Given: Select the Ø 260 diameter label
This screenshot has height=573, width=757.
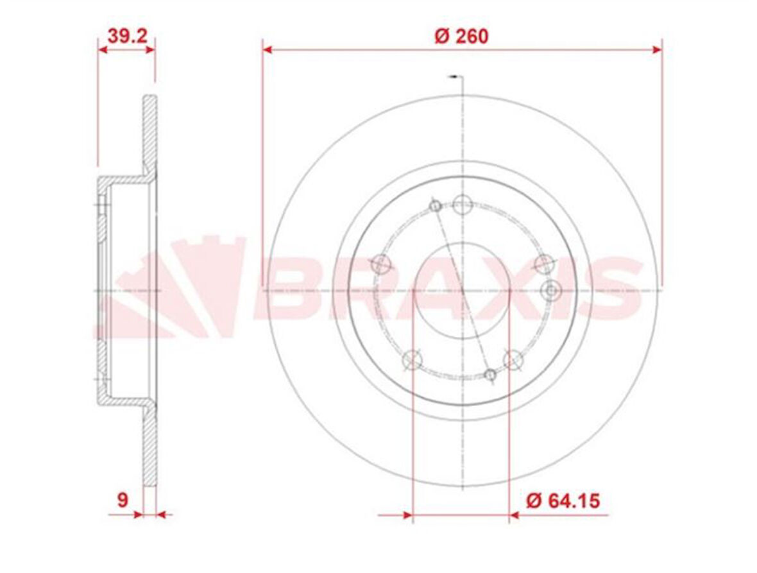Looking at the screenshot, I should [461, 36].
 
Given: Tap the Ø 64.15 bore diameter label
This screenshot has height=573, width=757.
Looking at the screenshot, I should [563, 500].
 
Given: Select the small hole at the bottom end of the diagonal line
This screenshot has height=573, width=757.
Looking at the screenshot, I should [490, 375].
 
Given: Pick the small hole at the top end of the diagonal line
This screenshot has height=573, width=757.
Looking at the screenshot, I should [435, 206].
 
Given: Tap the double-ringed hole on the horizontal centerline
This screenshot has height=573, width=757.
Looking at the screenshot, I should [550, 291].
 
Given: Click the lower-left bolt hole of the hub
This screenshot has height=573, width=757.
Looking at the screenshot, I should [412, 360].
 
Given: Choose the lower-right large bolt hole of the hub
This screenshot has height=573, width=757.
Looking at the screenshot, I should [513, 359].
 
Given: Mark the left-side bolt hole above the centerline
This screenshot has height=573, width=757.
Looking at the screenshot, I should [382, 262].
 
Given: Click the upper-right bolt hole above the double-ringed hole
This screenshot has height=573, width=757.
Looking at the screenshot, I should [544, 262].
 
